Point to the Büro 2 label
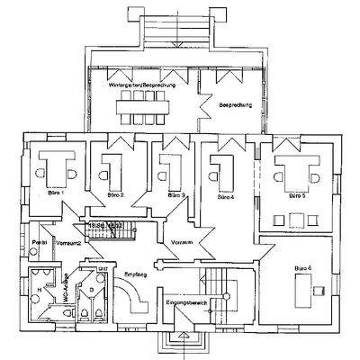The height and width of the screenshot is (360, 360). [x=114, y=194]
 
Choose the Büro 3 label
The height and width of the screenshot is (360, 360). [x=175, y=194]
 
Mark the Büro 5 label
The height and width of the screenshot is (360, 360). [x=296, y=193]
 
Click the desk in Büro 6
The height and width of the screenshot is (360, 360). [x=319, y=287]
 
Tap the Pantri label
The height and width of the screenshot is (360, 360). [x=39, y=243]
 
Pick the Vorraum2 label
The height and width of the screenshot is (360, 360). [x=69, y=243]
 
